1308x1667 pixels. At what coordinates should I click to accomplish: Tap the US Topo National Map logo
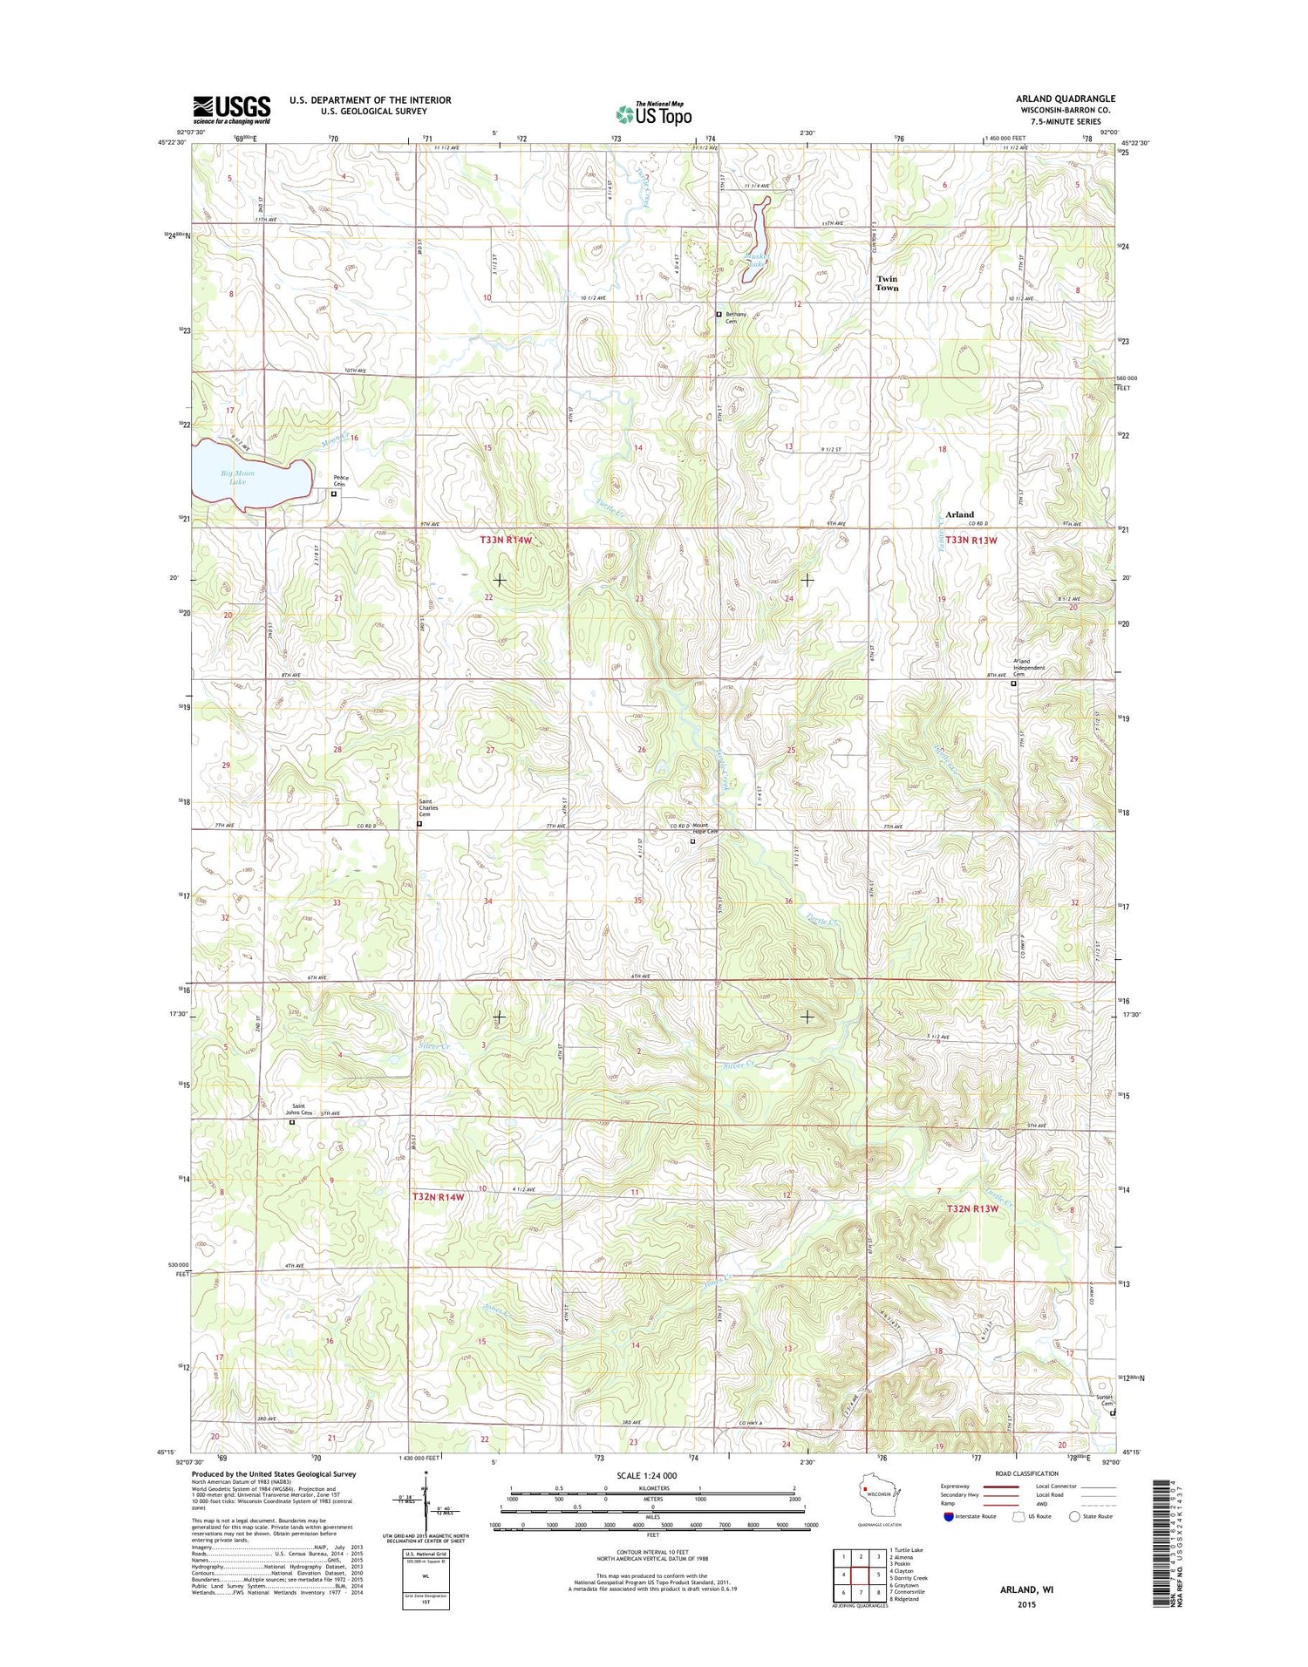(654, 113)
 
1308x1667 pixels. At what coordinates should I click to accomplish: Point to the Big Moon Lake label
(237, 477)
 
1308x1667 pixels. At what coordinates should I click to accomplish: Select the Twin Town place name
(887, 283)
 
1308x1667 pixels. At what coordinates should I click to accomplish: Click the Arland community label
(959, 514)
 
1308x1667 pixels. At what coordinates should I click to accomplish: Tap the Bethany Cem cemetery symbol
(719, 314)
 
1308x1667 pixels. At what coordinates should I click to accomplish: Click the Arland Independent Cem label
(1028, 668)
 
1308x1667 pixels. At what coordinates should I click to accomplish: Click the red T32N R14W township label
(439, 1197)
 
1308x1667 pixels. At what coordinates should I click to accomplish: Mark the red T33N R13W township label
(971, 541)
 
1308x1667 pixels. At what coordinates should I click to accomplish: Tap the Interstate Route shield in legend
(948, 1516)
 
